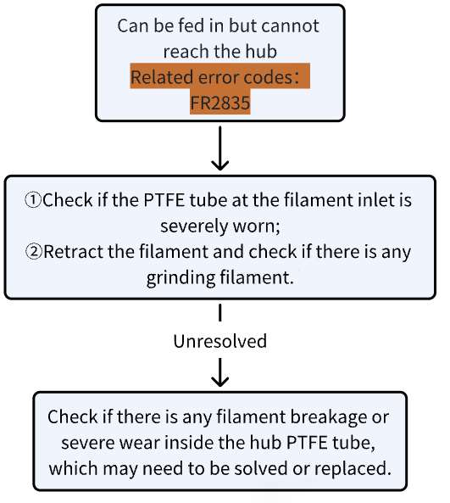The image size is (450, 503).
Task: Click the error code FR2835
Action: pyautogui.click(x=219, y=103)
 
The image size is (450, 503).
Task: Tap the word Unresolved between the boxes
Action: pyautogui.click(x=219, y=341)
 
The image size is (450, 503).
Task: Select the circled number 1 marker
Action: pyautogui.click(x=33, y=200)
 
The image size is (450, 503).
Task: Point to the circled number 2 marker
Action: pyautogui.click(x=34, y=251)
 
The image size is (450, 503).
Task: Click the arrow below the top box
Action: pyautogui.click(x=219, y=148)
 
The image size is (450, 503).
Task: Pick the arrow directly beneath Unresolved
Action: pyautogui.click(x=219, y=372)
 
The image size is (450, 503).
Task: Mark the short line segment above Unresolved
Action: pyautogui.click(x=219, y=313)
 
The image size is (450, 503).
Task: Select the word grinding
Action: pyautogui.click(x=181, y=278)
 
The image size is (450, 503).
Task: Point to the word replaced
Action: pyautogui.click(x=353, y=469)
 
